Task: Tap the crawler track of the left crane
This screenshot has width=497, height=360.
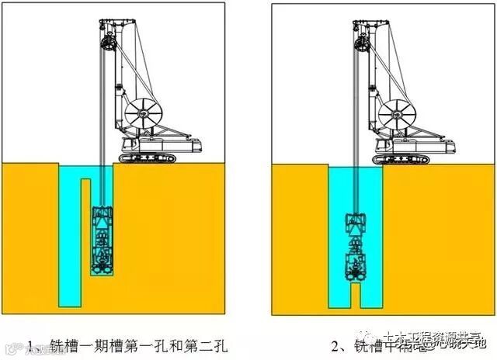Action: point(148,158)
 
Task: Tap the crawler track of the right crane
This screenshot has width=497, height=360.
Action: point(401,158)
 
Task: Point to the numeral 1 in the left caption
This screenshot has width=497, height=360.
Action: point(30,341)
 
